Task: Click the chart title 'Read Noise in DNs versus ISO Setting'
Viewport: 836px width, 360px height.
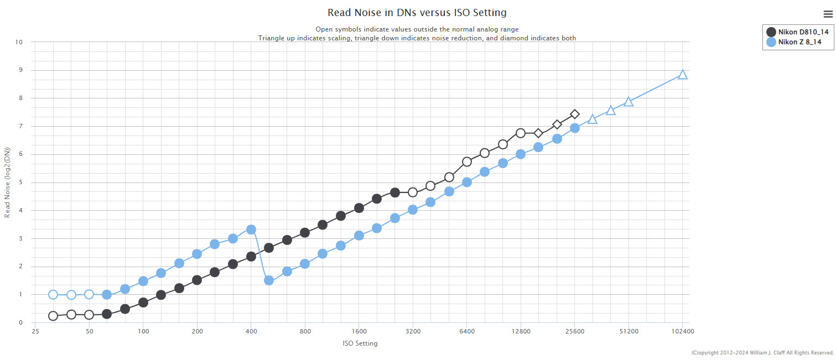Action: point(417,12)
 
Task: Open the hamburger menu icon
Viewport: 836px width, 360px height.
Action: point(828,14)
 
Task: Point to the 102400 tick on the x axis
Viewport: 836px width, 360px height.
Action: point(682,332)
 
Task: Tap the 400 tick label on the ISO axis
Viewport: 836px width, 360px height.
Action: point(251,332)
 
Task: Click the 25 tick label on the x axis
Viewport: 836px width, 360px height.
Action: point(35,332)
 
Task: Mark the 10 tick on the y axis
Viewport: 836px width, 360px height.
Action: point(19,42)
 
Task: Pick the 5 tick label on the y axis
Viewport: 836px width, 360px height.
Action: point(20,182)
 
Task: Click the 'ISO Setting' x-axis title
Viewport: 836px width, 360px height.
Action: point(360,343)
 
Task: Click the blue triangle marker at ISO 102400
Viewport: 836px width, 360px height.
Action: point(683,75)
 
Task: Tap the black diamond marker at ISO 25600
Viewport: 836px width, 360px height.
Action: point(575,114)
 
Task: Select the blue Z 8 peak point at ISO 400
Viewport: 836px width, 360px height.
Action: point(251,229)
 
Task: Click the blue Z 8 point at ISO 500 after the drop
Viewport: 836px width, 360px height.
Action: point(269,280)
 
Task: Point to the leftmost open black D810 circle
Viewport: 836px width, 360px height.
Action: point(53,316)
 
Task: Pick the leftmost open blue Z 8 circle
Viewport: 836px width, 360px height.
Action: point(53,295)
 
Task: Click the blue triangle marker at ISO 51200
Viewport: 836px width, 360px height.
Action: point(629,102)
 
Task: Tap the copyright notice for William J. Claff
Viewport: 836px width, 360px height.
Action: point(762,353)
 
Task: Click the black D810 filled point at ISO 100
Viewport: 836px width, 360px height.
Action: point(143,302)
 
